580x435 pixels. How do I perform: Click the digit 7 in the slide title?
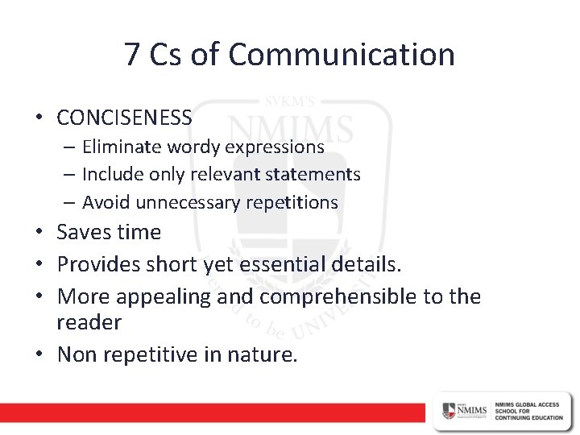(x=134, y=55)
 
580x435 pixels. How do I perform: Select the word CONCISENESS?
(x=125, y=118)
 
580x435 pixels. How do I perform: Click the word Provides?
(x=98, y=263)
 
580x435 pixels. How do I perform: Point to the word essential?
(x=299, y=263)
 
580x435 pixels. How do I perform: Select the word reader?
(x=89, y=322)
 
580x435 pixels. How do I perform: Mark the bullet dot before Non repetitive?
(x=39, y=354)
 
